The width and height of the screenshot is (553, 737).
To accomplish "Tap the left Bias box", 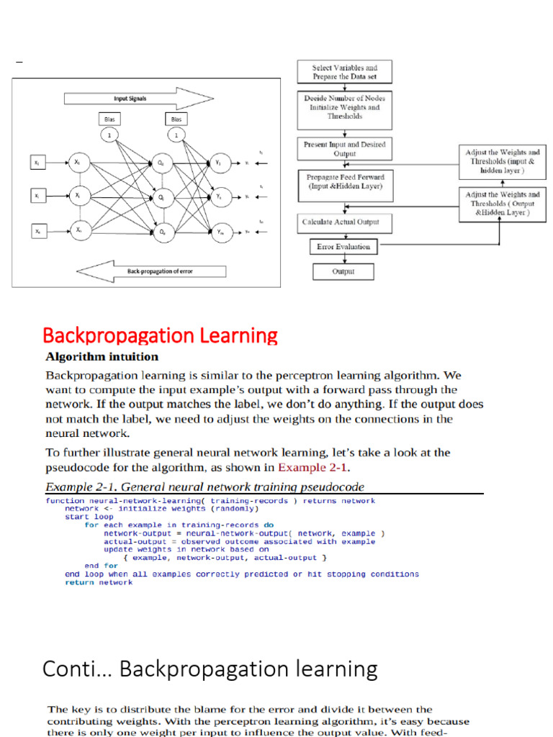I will [109, 119].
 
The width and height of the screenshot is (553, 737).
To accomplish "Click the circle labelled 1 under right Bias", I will [175, 135].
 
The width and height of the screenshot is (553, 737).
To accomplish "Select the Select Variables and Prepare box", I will [344, 72].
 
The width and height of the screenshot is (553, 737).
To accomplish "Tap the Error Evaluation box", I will [344, 247].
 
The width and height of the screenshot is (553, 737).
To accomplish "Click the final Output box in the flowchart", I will [343, 271].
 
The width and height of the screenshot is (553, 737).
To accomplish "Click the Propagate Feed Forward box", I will [344, 181].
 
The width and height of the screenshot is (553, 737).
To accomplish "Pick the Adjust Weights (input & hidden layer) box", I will [502, 162].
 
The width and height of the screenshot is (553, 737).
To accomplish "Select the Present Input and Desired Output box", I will [344, 149].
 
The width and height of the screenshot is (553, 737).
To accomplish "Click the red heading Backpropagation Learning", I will [160, 335].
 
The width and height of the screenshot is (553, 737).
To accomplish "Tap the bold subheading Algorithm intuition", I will [102, 356].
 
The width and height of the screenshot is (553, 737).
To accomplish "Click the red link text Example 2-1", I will [316, 468].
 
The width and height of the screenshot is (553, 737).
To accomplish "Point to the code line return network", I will [99, 582].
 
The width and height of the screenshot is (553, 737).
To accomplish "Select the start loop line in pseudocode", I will [89, 517].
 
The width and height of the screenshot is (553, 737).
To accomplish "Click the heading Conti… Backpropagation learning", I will [210, 669].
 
